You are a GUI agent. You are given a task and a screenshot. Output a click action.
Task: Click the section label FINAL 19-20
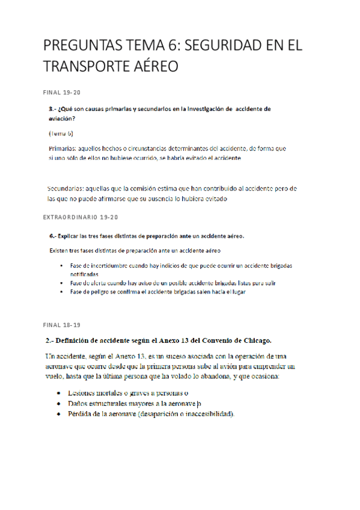pyautogui.click(x=62, y=93)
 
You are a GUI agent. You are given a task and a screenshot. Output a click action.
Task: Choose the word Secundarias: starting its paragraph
pyautogui.click(x=67, y=188)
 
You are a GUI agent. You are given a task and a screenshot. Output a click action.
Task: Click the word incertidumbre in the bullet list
pyautogui.click(x=108, y=265)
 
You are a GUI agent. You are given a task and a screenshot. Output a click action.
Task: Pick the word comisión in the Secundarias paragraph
pyautogui.click(x=146, y=188)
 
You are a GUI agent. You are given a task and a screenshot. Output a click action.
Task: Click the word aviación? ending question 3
pyautogui.click(x=62, y=118)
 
